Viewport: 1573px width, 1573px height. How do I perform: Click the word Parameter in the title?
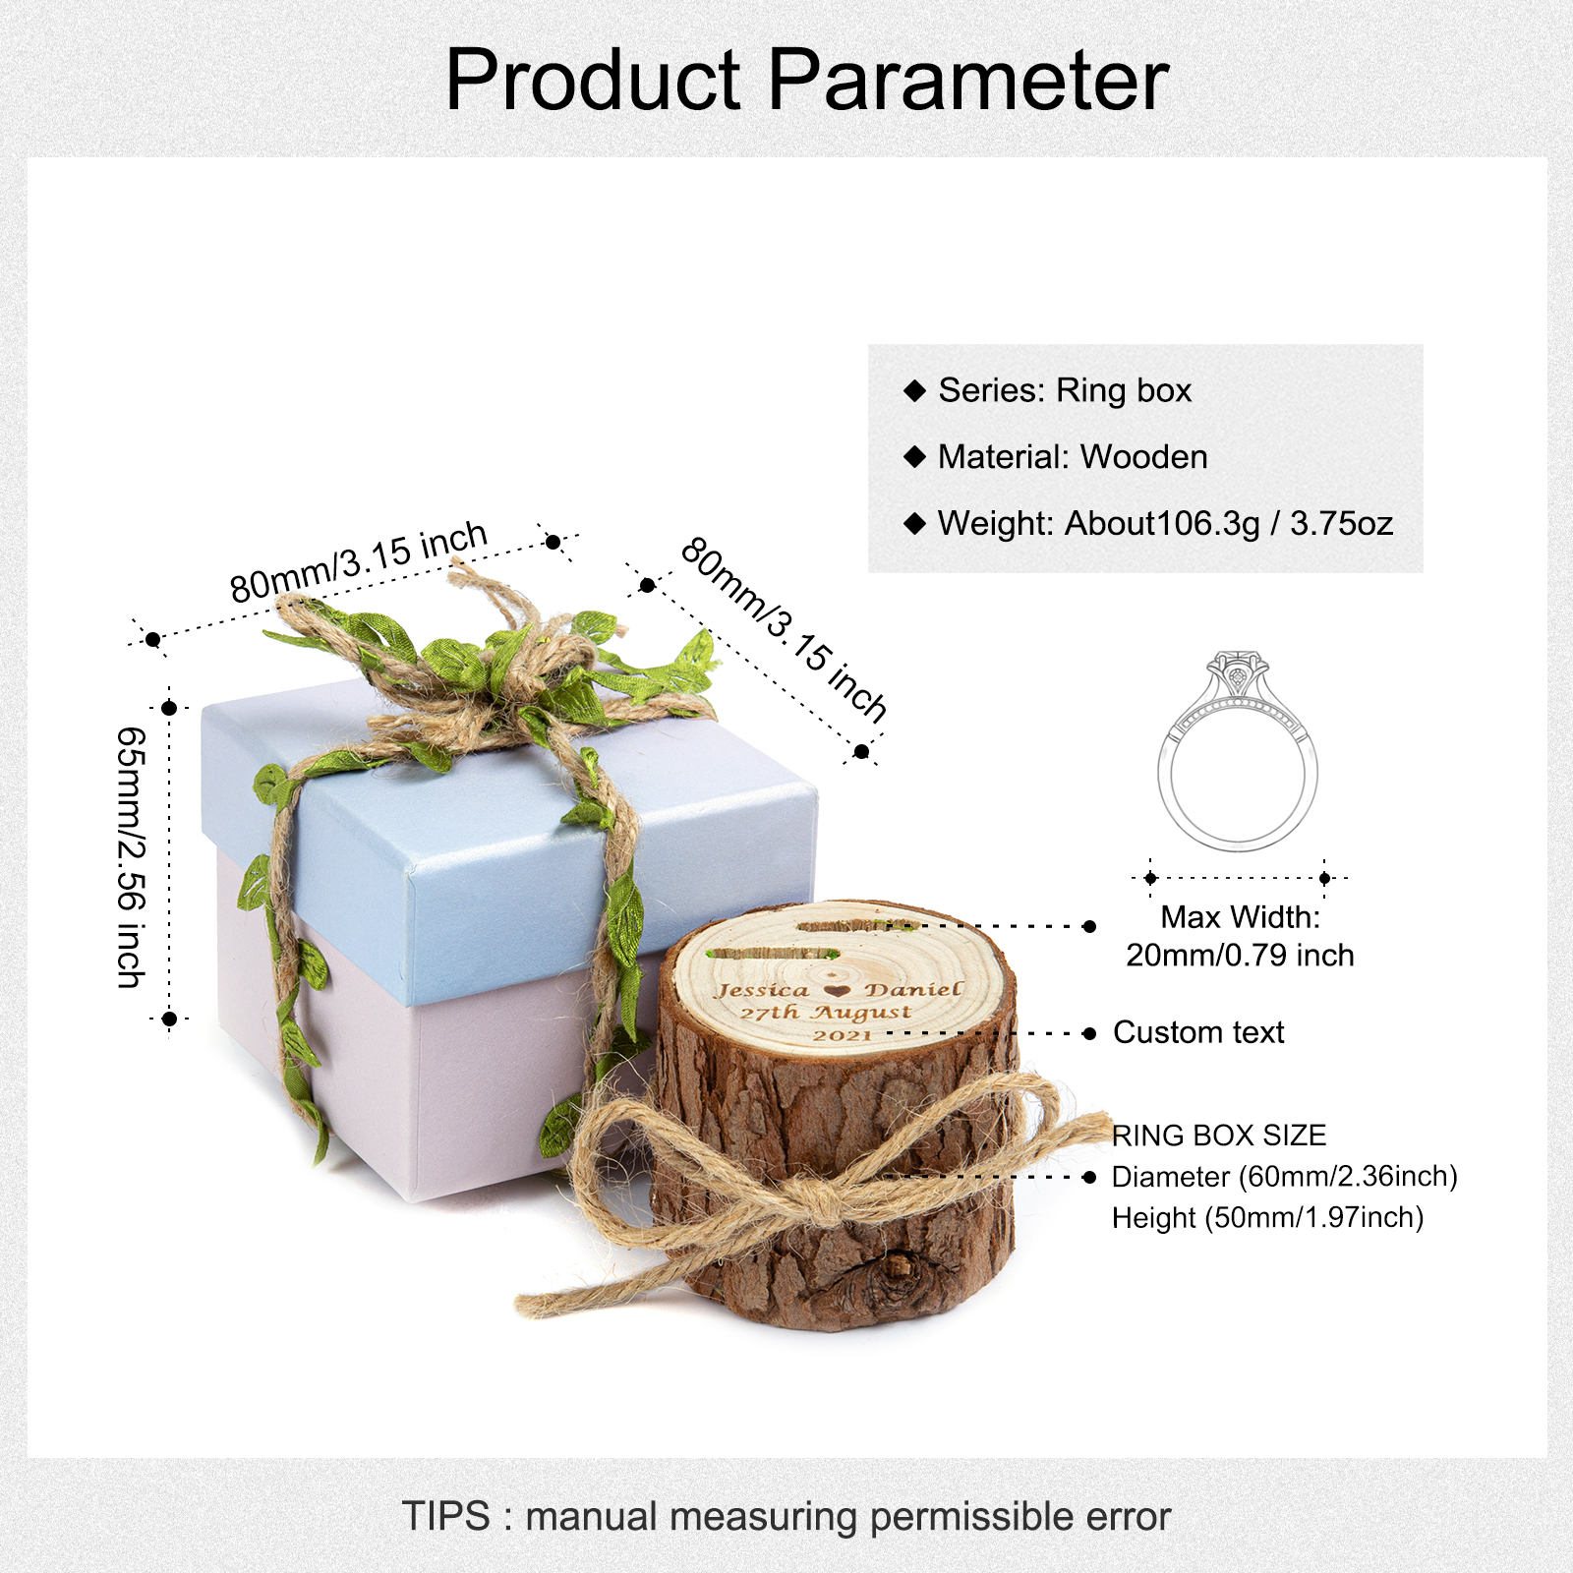tap(968, 80)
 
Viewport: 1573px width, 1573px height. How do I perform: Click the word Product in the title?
tap(593, 80)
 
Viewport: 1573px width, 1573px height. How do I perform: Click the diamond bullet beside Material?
tap(915, 456)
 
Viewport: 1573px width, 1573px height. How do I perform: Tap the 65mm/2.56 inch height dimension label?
tap(132, 857)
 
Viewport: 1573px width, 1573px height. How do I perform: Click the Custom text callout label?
tap(1198, 1032)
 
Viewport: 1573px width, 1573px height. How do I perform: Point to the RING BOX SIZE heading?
tap(1219, 1136)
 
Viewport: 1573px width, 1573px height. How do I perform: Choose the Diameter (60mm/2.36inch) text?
tap(1284, 1177)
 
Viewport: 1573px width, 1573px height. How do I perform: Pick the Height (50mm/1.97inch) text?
tap(1267, 1218)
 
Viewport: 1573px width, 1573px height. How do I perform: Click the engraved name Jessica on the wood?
tap(762, 991)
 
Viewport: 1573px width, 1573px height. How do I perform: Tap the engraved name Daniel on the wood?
tap(913, 989)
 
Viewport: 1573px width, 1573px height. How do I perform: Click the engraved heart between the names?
tap(837, 991)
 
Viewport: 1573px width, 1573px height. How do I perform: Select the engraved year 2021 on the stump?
tap(843, 1034)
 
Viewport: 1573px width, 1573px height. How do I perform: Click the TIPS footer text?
tap(786, 1516)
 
